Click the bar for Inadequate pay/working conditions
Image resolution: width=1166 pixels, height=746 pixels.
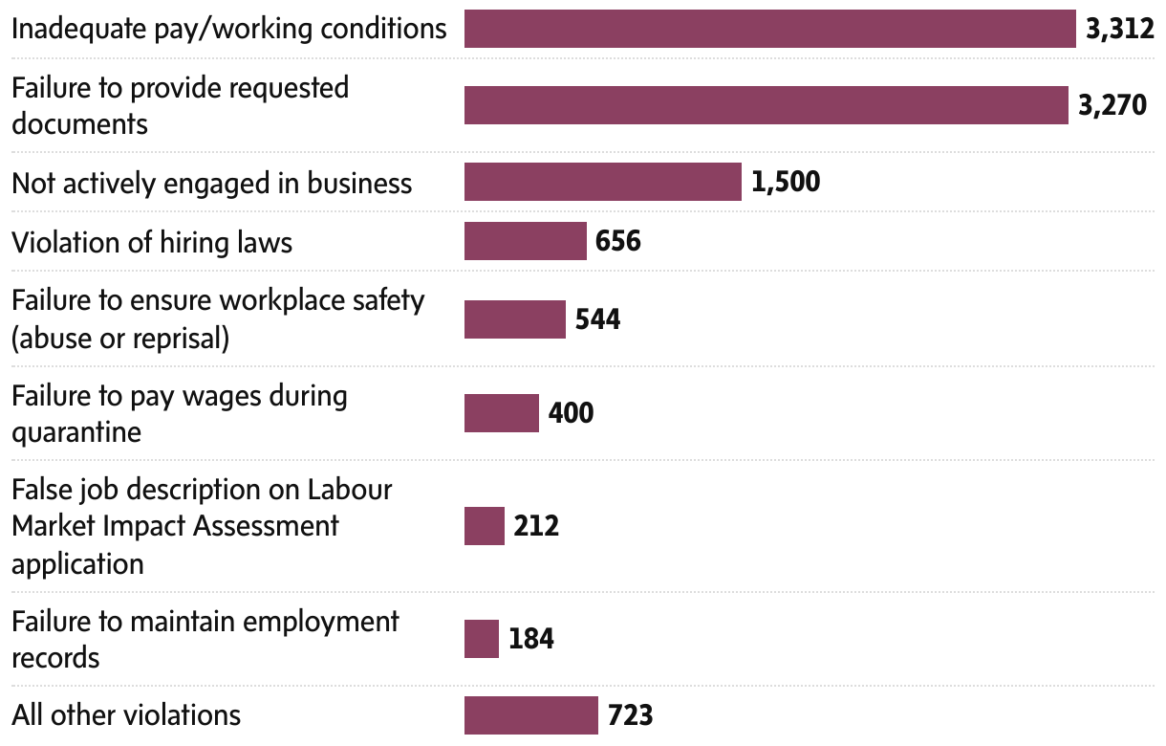tap(769, 29)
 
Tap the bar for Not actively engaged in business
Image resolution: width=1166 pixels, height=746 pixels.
tap(602, 182)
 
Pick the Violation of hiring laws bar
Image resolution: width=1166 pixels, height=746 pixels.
tap(525, 241)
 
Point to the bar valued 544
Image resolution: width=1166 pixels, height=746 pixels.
tap(514, 318)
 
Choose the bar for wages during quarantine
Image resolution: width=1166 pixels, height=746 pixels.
tap(501, 413)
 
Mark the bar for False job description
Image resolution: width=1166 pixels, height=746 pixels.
tap(484, 526)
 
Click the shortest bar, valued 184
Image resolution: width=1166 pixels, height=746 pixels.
tap(481, 639)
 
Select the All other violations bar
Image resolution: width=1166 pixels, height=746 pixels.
tap(530, 714)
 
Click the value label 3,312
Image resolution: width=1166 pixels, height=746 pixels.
tap(1120, 29)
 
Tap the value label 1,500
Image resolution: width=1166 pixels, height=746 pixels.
tap(786, 182)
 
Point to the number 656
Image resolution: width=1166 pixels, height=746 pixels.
tap(617, 241)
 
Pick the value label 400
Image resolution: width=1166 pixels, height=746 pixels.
tap(571, 413)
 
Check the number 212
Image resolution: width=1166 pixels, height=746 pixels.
tap(536, 526)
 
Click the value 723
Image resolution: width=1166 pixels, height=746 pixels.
tap(630, 714)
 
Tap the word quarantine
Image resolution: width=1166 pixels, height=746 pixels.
tap(76, 432)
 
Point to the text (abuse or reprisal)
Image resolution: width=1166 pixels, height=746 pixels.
tap(120, 338)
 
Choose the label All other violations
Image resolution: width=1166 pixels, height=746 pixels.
tap(126, 714)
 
